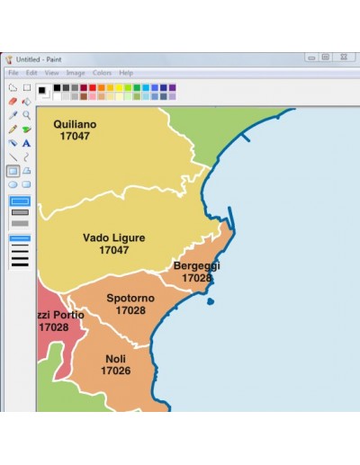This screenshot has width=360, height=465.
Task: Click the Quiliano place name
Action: (x=75, y=124)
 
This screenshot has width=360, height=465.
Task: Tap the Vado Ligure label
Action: (x=114, y=238)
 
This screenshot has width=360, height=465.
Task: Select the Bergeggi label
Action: (x=196, y=266)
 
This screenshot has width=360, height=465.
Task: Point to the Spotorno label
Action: (x=130, y=299)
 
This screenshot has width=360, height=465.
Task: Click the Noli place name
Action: (x=115, y=359)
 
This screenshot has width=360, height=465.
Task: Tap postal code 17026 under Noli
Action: (x=115, y=371)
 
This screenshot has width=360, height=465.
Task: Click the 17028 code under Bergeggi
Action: (x=196, y=278)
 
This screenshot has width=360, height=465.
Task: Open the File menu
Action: (x=13, y=73)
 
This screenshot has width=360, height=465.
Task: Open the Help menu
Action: (x=126, y=73)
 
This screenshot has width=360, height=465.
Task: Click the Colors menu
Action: (x=102, y=73)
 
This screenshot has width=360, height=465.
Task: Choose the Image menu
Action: (x=76, y=73)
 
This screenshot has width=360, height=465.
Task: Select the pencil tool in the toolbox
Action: (x=13, y=129)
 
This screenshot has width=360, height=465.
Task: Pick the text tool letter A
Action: (x=26, y=143)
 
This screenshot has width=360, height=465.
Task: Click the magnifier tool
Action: (x=26, y=115)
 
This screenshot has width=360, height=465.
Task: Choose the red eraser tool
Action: (x=13, y=102)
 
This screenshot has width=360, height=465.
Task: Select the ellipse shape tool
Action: (x=13, y=184)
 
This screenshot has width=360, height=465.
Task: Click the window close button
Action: (x=343, y=58)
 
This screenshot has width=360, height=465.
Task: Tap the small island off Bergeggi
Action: (x=210, y=301)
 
